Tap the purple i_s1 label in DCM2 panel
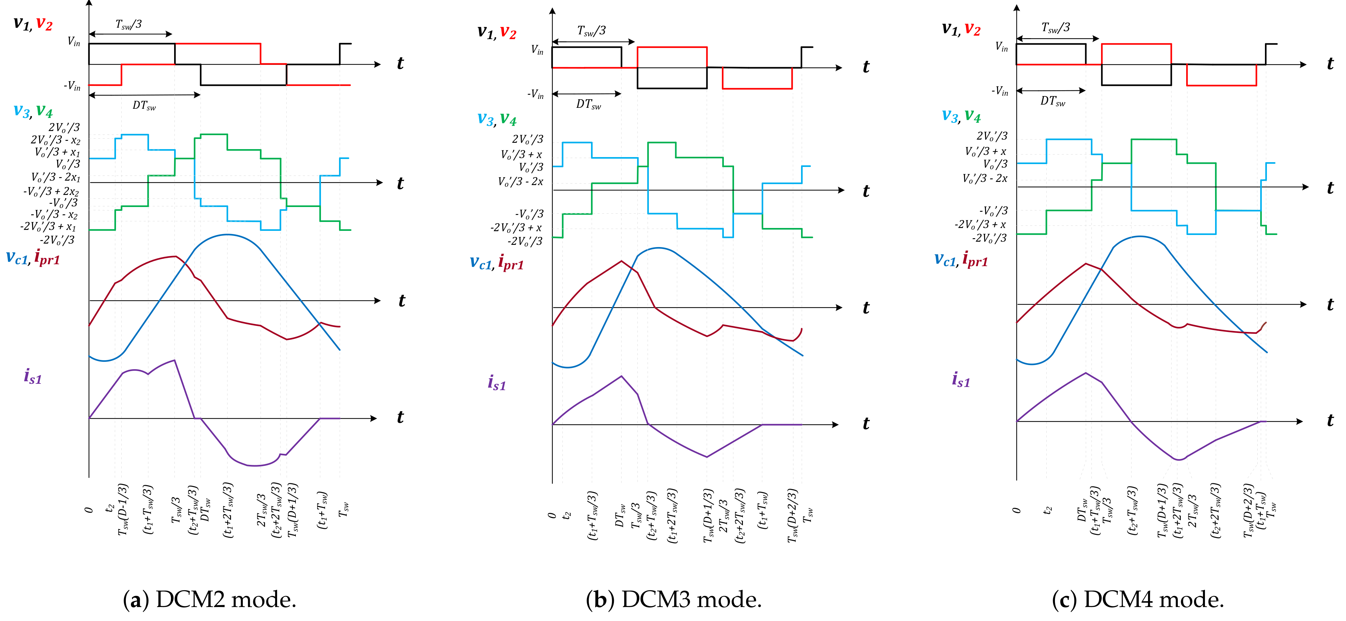point(32,376)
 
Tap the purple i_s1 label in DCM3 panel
point(496,383)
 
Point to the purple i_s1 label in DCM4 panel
point(960,380)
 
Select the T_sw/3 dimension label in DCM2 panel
point(129,24)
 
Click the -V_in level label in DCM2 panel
point(72,86)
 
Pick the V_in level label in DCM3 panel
point(537,50)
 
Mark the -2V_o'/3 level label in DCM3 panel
point(525,242)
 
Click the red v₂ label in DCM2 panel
point(44,24)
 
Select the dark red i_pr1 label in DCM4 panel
point(975,259)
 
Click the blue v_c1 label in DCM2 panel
point(17,257)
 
